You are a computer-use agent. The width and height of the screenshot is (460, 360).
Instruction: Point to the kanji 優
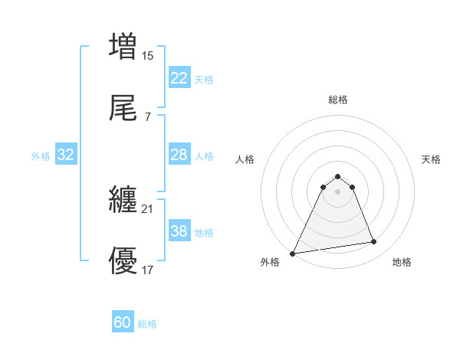point(123,262)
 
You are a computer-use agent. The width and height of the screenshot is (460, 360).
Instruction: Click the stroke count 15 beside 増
point(148,55)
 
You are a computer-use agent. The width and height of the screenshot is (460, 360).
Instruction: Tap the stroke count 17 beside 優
point(147,270)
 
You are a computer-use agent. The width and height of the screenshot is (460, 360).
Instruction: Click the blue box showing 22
point(179,78)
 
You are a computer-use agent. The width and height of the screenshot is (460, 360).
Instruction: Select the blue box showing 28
point(179,155)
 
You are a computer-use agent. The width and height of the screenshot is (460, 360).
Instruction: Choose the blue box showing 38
point(179,231)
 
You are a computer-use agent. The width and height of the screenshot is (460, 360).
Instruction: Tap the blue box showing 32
point(66,155)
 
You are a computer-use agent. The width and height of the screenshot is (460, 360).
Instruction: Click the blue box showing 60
point(123,322)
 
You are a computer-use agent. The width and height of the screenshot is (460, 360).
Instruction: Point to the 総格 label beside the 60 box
point(148,324)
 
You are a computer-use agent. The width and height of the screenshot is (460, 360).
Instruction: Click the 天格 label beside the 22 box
point(204,80)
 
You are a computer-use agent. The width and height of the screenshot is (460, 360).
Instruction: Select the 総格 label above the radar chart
point(338,100)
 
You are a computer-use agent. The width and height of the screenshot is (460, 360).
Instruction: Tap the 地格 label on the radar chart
point(402,262)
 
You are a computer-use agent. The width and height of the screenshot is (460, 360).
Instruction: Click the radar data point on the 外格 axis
point(293,253)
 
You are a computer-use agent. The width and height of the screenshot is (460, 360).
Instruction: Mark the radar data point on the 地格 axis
point(374,242)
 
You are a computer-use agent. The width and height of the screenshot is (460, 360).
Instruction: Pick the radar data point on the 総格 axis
point(338,177)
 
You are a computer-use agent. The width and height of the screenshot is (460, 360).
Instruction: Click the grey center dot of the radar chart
point(338,191)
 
